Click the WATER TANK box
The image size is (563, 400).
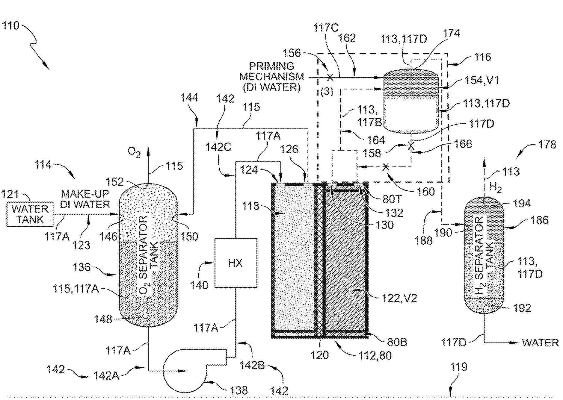coord(30,214)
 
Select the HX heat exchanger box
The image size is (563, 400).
coord(236,263)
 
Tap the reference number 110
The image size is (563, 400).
coord(11,26)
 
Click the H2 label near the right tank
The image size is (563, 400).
coord(495,188)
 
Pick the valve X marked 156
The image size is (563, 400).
coord(330,78)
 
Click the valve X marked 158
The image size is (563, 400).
coord(411,146)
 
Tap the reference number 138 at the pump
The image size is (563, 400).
coord(239,390)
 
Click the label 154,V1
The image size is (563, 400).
coord(482,80)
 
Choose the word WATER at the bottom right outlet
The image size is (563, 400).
coord(540,343)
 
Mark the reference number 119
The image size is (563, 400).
coord(459,367)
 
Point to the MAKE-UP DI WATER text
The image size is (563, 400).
coord(85,199)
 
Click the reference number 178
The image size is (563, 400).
coord(547,145)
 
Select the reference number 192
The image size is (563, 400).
coord(522,308)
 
